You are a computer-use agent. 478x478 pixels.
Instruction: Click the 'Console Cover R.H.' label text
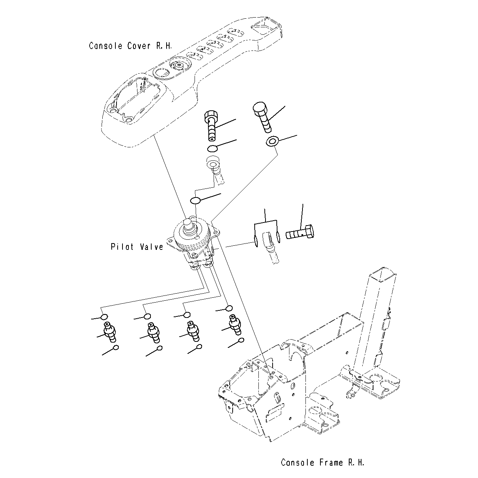[x=130, y=46]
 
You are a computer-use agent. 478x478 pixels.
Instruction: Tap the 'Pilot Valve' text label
[x=137, y=247]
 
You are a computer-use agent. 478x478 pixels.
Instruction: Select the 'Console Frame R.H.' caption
[x=322, y=462]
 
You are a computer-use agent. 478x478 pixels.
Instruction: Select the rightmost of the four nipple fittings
[x=235, y=324]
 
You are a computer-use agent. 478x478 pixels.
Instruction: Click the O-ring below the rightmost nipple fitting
[x=241, y=340]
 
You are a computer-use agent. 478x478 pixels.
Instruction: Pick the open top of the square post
[x=380, y=275]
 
